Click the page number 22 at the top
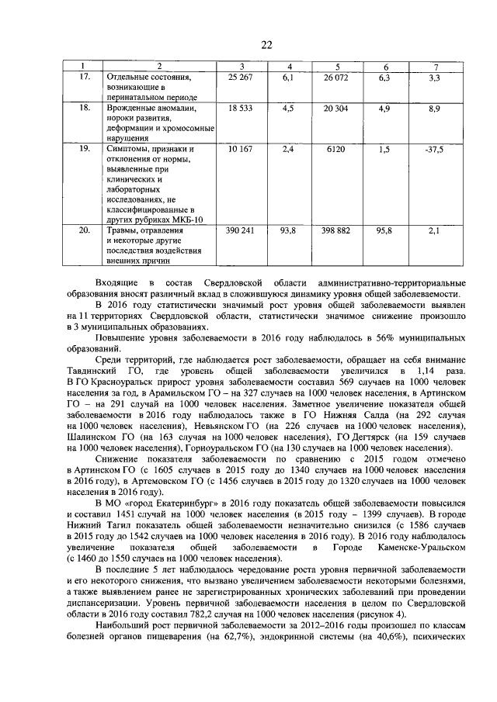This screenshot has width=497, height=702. pos(266,44)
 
